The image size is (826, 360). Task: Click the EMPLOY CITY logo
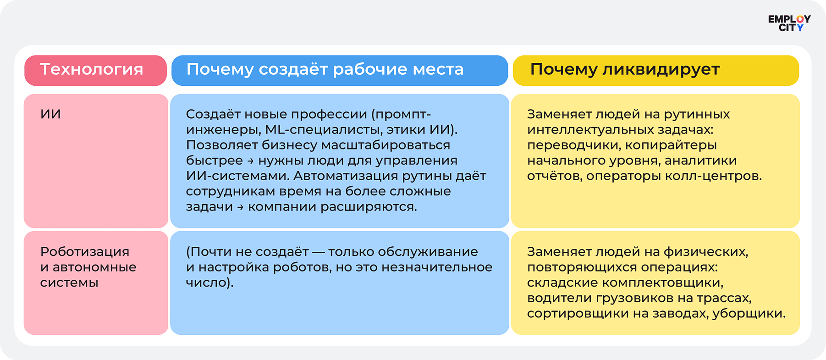click(789, 23)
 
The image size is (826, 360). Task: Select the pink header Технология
click(95, 71)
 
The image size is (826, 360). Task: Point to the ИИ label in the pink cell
click(50, 114)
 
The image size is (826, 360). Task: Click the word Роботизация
click(85, 252)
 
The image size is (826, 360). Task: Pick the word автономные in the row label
click(94, 267)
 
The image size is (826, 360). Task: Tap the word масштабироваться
click(385, 145)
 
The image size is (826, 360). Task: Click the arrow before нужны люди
click(250, 161)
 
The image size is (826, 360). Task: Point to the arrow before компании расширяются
click(240, 207)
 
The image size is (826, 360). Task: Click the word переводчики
click(574, 145)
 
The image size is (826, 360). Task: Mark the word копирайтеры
click(671, 145)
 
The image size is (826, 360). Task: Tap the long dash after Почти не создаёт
click(319, 252)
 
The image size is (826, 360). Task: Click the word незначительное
click(437, 267)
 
